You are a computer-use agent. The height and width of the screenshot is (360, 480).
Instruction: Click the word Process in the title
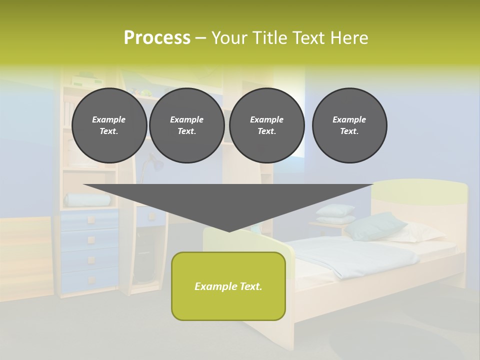pos(157,38)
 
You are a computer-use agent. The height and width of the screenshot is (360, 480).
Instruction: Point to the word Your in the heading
pos(229,38)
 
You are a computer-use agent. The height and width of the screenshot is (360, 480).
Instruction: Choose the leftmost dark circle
pos(109,125)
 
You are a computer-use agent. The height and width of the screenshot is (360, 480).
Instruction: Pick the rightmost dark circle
pos(349,125)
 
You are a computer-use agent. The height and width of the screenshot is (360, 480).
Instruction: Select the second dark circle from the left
pos(186,125)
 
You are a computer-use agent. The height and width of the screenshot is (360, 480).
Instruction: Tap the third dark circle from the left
pos(266,125)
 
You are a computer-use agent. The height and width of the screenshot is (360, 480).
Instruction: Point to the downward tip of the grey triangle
pos(229,230)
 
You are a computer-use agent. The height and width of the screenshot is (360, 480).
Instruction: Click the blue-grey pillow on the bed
pos(374,226)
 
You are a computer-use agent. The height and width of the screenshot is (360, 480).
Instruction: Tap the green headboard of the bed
pos(420,191)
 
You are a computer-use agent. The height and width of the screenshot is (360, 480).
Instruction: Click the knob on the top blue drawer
pos(91,219)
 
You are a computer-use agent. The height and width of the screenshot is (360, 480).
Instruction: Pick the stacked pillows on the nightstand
pos(335,213)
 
